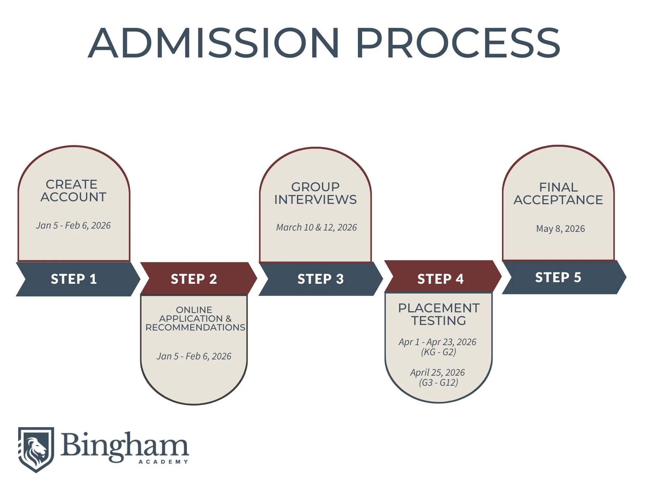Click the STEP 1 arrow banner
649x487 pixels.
tap(74, 279)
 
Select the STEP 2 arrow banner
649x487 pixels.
tap(194, 279)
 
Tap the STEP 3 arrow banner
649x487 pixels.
tap(321, 279)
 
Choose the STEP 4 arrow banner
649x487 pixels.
tap(440, 279)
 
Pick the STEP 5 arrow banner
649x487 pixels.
tap(558, 277)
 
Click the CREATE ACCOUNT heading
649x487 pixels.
tap(73, 191)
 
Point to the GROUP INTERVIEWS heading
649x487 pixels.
tap(315, 193)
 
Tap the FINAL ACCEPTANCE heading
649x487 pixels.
tap(558, 194)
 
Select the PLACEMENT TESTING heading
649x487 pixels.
tap(439, 314)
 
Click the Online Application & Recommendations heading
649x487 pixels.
tap(195, 318)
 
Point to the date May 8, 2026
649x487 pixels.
tap(560, 229)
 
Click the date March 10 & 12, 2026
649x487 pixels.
tap(316, 227)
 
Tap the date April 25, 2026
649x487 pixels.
tap(437, 372)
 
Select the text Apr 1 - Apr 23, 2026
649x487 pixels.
tap(437, 342)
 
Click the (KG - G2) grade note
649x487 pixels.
tap(439, 352)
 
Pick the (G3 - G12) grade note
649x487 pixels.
tap(439, 382)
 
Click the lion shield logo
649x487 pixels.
tap(36, 449)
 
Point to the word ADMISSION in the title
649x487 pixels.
tap(214, 43)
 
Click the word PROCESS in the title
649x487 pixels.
tap(458, 43)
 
